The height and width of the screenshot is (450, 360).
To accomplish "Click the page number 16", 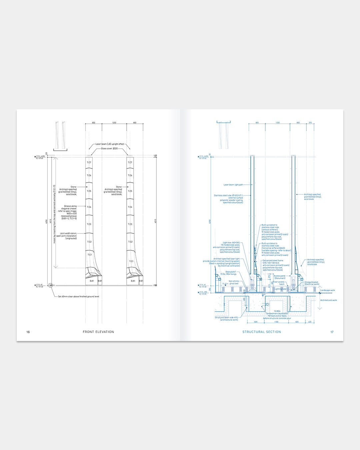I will pos(28,332).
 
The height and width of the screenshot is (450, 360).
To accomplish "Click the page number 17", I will pos(332,332).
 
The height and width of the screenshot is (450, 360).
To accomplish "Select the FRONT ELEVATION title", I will pos(98,332).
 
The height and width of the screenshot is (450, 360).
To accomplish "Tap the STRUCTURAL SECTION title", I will pos(262,332).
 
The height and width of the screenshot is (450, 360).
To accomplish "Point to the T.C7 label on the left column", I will pos(89,162).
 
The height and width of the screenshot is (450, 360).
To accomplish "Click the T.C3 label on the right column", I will pos(130,224).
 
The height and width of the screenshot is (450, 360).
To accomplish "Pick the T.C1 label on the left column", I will pos(89,255).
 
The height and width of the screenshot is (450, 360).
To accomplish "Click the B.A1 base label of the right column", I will pos(133,281).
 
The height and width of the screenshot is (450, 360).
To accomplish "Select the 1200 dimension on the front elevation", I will pos(114,123).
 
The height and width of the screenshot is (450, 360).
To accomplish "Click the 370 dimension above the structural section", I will pos(310,123).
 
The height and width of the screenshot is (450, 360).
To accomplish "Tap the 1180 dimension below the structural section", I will pos(276,322).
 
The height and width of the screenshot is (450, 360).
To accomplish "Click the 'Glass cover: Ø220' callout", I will pos(109,149).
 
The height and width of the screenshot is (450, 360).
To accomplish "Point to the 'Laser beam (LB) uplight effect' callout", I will pos(110,144).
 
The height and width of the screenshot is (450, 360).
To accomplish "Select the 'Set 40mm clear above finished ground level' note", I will pos(78,296).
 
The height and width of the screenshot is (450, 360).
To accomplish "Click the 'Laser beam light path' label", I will pos(233,185).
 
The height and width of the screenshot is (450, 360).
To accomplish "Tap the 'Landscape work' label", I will pos(328,290).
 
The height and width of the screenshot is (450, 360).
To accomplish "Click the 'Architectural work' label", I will pos(328,300).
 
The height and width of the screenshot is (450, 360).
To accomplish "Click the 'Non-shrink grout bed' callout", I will pos(234,282).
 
